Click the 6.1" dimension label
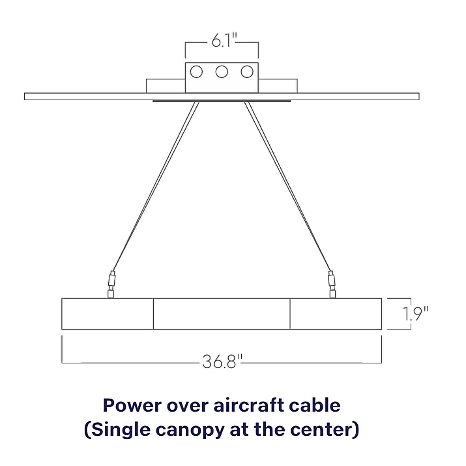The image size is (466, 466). pyautogui.click(x=224, y=40)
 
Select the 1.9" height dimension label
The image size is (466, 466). pyautogui.click(x=415, y=314)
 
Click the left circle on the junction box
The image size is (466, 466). pyautogui.click(x=196, y=72)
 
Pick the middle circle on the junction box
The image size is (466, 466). pyautogui.click(x=222, y=72)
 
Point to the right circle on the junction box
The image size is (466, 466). pyautogui.click(x=247, y=72)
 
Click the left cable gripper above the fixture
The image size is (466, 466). pyautogui.click(x=111, y=284)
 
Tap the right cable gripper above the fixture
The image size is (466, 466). pyautogui.click(x=332, y=284)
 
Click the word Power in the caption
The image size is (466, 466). pyautogui.click(x=132, y=406)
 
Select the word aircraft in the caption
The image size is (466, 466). pyautogui.click(x=249, y=406)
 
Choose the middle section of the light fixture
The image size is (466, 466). pyautogui.click(x=222, y=314)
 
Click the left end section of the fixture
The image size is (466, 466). pyautogui.click(x=107, y=314)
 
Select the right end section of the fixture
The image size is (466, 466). pyautogui.click(x=336, y=314)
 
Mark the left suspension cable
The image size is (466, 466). pyautogui.click(x=155, y=186)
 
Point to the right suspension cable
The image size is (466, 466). pyautogui.click(x=288, y=186)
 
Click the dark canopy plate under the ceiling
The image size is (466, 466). pyautogui.click(x=222, y=101)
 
